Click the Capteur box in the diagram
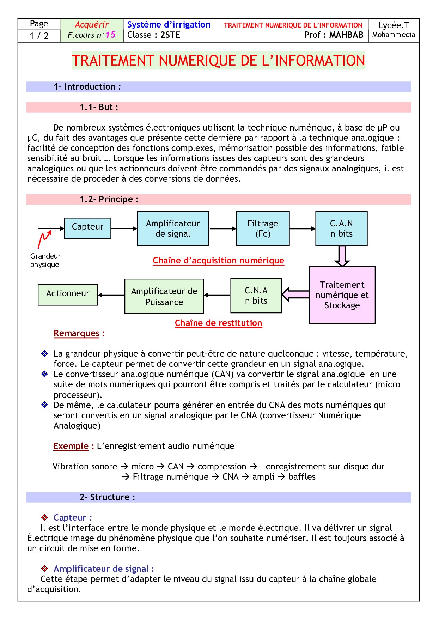87,228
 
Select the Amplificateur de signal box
173,228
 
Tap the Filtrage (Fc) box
263,228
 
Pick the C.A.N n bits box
341,228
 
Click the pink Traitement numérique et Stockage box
342,295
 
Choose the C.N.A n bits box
256,296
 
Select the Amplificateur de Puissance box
164,296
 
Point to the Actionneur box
68,295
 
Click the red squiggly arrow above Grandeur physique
44,239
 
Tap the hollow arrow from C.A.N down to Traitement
342,256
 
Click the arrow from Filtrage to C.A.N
302,229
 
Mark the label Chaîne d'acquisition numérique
218,261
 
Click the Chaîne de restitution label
218,323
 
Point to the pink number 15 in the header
111,35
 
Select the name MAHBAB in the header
346,35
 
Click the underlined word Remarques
77,333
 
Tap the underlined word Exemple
71,446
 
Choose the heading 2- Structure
107,497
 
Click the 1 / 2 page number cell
39,36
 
